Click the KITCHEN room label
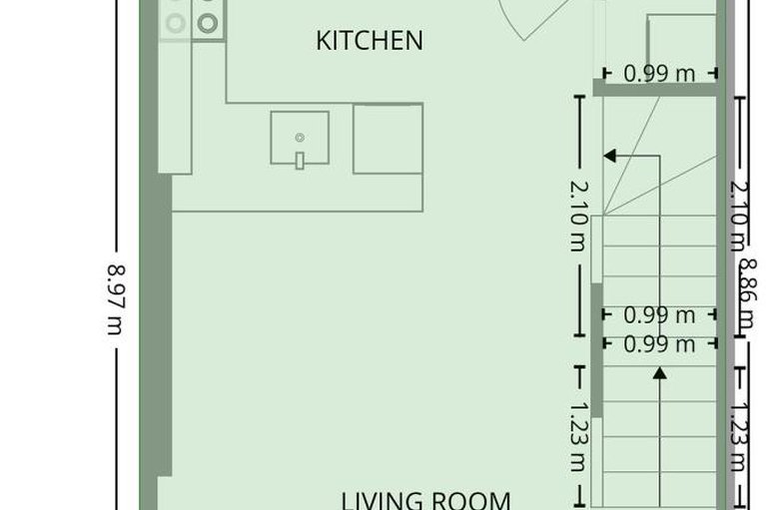(370, 41)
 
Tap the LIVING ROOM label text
(426, 499)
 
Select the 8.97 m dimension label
(116, 298)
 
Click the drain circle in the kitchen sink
(299, 137)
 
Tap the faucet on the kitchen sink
(299, 160)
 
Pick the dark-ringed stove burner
(207, 23)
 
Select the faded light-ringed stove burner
(176, 22)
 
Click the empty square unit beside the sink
(387, 139)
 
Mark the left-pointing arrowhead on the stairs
(609, 156)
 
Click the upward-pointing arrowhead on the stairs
(659, 373)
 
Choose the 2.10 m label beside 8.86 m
(737, 216)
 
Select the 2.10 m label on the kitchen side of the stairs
(577, 216)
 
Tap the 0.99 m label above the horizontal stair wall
(659, 73)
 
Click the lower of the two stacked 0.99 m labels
(659, 344)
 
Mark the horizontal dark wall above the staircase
(657, 89)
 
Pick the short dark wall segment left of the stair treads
(596, 349)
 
